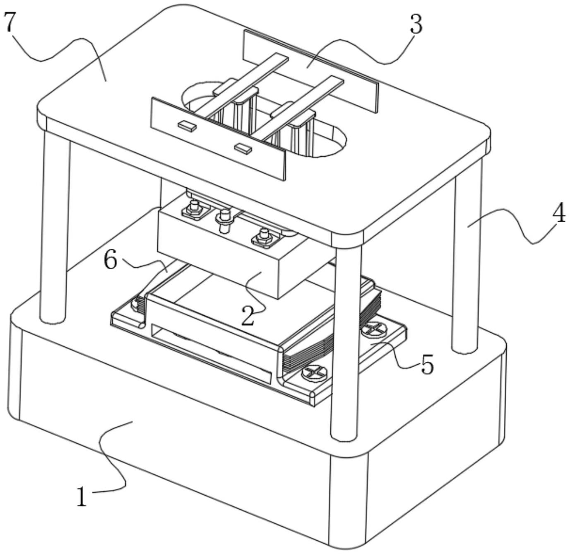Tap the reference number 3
416,24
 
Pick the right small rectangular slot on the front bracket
243,148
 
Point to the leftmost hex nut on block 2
194,210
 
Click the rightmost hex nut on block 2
265,237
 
